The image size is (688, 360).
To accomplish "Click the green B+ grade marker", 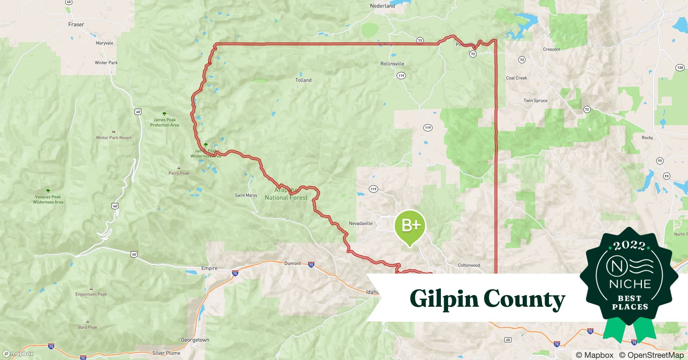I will [410, 226].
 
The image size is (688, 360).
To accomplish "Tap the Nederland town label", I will [382, 6].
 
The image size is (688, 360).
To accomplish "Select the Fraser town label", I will [76, 24].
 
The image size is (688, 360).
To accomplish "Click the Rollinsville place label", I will [392, 64].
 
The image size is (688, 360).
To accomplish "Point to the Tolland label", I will [303, 80].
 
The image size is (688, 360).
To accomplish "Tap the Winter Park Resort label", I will [113, 138].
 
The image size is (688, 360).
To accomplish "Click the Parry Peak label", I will [179, 173].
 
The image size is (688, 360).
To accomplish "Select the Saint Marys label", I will [246, 195].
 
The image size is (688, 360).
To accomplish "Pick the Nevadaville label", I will [361, 223].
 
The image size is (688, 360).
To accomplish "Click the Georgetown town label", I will [195, 340].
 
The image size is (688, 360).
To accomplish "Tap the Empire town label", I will [209, 268].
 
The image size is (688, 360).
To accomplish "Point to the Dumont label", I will [292, 263].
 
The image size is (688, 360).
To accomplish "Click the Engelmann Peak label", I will [91, 294].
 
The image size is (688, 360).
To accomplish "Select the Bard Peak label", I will [88, 327].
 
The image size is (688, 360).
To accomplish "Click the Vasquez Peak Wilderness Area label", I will [48, 199].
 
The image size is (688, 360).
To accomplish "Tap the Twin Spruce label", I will [535, 100].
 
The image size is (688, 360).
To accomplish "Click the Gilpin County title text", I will [487, 299].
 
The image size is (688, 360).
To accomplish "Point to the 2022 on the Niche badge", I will [629, 246].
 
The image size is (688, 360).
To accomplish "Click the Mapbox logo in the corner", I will [18, 354].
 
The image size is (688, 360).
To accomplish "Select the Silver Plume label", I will [166, 353].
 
